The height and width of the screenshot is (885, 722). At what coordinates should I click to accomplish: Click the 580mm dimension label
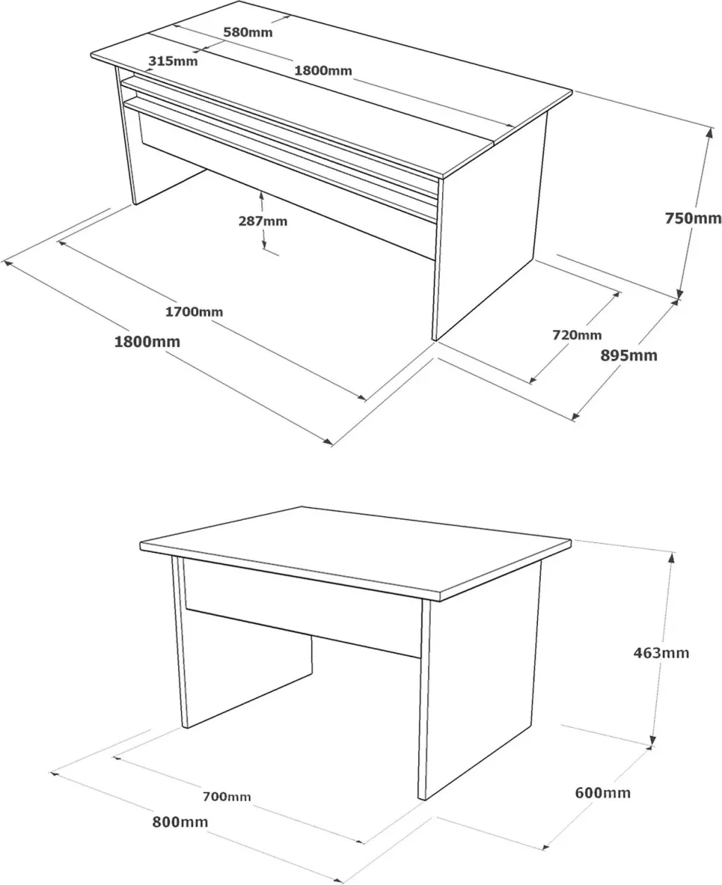(x=247, y=32)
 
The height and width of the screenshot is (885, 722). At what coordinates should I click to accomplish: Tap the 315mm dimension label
(x=173, y=61)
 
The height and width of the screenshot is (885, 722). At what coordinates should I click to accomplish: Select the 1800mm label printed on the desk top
(x=323, y=71)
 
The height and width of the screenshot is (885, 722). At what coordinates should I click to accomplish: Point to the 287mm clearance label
(x=262, y=221)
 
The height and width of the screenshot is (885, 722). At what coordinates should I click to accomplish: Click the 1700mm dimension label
(x=194, y=312)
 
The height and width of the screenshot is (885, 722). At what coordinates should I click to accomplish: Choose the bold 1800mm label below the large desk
(x=147, y=341)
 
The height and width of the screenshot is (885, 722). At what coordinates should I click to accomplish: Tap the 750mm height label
(x=693, y=218)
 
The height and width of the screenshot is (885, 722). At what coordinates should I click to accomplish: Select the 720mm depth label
(x=577, y=334)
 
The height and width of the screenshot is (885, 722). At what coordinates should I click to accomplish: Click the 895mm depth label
(x=629, y=355)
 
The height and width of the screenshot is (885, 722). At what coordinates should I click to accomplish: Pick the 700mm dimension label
(x=226, y=796)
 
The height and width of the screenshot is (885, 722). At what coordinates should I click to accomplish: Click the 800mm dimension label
(x=180, y=822)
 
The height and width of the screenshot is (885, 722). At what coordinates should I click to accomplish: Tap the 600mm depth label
(x=602, y=793)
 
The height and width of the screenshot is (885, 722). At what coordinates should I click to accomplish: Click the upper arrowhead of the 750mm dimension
(x=709, y=133)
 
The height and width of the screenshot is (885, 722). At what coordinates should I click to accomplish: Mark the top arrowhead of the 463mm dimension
(x=672, y=558)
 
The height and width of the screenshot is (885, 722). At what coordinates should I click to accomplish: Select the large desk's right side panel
(x=491, y=235)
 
